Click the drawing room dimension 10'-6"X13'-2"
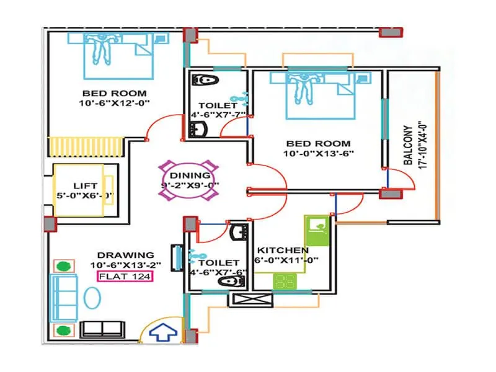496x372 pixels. (125, 265)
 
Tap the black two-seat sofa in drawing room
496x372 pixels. (104, 329)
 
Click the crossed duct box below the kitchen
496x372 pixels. (250, 300)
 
